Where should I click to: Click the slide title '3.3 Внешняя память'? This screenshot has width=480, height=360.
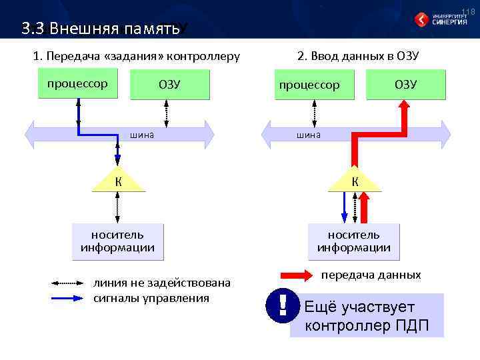point(100,29)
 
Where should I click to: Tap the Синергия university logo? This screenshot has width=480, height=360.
point(441,19)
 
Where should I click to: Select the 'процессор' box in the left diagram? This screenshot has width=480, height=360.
point(77,84)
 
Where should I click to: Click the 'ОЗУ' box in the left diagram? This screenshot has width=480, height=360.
point(169,84)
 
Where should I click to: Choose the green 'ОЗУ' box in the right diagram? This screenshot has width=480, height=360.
point(405,84)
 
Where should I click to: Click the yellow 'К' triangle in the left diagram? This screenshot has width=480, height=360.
point(117,181)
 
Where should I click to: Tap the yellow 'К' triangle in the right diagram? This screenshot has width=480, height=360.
point(355,181)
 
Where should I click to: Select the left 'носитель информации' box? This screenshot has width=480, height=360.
point(117,241)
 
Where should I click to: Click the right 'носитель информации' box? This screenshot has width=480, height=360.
point(354,241)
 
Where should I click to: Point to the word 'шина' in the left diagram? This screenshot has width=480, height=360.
point(142,135)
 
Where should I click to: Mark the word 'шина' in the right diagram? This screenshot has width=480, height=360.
point(309,135)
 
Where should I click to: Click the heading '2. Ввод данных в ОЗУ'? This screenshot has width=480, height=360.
point(358,55)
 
